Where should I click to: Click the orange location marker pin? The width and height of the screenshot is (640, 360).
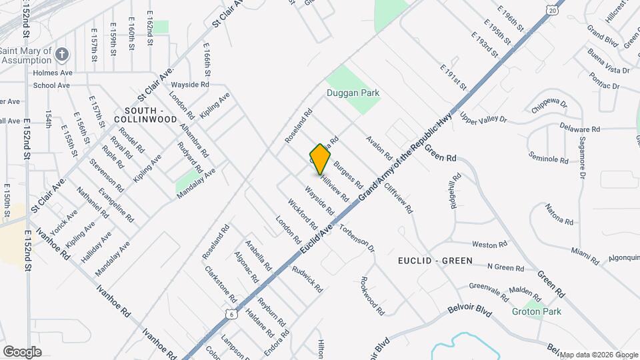[321, 159]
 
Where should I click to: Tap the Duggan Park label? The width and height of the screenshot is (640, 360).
[353, 93]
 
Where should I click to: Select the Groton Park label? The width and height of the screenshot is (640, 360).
[536, 311]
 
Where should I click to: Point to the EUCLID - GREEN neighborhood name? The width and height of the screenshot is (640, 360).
[435, 261]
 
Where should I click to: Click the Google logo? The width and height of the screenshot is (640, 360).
[22, 351]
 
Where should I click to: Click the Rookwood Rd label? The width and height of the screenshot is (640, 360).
[372, 295]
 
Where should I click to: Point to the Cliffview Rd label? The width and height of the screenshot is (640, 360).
[398, 197]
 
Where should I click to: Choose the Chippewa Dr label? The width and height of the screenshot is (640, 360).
[549, 105]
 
